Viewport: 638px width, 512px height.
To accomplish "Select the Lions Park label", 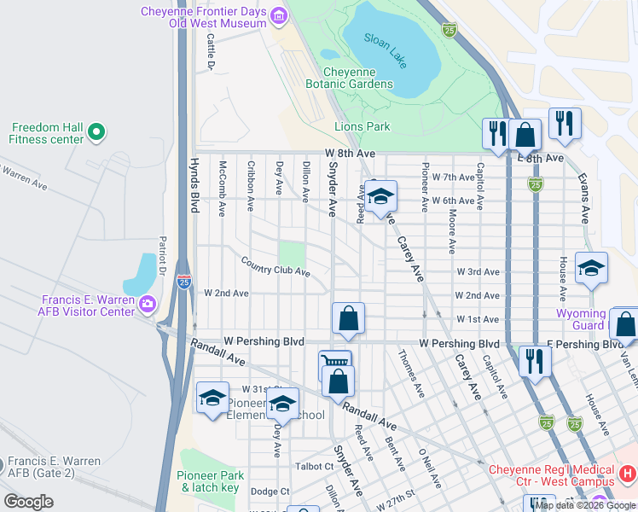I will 362,126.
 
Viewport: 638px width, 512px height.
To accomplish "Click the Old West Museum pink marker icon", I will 278,15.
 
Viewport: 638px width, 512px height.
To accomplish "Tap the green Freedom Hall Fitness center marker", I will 96,131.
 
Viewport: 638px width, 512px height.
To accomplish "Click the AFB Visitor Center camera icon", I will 148,304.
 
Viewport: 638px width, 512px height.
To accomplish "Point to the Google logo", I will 29,502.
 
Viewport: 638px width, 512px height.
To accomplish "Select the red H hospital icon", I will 628,472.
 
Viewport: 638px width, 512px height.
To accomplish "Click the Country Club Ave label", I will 274,265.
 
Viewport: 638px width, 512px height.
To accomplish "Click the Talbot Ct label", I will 315,466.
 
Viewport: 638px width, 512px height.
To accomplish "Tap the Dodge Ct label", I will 270,492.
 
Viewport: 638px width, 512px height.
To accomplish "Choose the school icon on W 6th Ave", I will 380,195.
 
